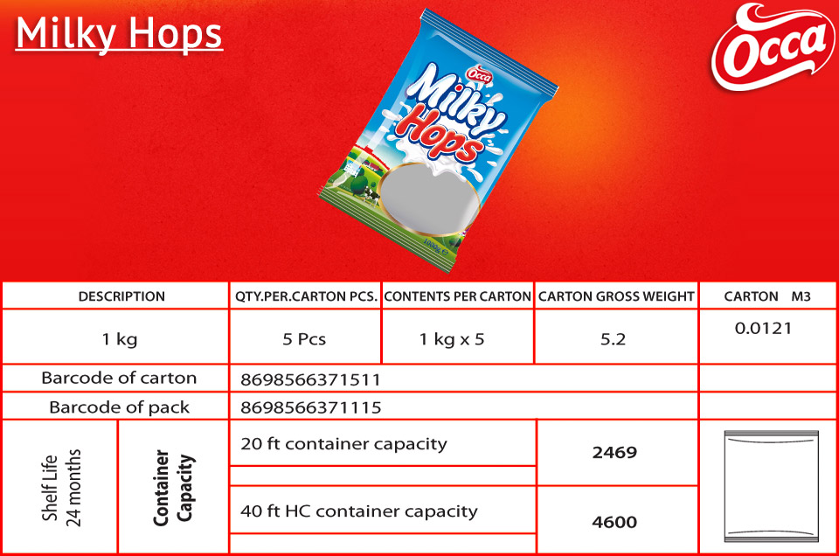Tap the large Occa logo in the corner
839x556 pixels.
pos(773,47)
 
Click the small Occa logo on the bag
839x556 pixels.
pos(479,74)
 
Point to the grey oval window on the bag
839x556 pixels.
pos(430,198)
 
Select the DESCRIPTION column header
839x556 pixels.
pos(121,296)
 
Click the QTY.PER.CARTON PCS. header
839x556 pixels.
pos(306,296)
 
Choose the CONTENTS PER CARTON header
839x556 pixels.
pos(457,296)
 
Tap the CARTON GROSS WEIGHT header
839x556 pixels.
pos(616,296)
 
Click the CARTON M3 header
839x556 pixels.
pos(767,296)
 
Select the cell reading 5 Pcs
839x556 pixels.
pos(304,339)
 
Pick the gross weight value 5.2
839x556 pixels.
pos(613,339)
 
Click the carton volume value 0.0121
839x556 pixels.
pos(763,328)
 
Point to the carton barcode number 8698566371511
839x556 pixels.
pos(310,380)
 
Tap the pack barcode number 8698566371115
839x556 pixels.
pos(311,407)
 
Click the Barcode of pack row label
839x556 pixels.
pos(120,407)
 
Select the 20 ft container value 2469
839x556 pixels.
pos(614,453)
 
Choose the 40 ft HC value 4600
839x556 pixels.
pos(614,522)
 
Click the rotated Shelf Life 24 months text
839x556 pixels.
pos(61,488)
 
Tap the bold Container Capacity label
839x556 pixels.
pos(172,488)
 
